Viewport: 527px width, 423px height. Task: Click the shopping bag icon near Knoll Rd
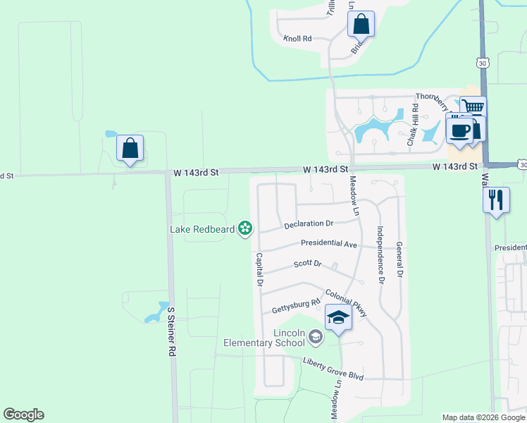pos(361,25)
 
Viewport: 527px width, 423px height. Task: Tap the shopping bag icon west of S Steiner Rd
pos(130,149)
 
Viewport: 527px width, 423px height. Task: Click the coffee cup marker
pos(459,130)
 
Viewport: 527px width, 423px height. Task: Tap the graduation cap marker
pos(338,318)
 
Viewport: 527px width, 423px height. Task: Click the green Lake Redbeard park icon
pos(245,228)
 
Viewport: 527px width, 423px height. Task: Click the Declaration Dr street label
pos(308,224)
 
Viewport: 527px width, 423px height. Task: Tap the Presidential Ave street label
pos(328,243)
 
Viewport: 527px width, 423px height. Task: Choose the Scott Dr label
pos(307,264)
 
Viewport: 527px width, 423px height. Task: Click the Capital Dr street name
pos(259,269)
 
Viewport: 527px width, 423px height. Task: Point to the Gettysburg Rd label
pos(296,307)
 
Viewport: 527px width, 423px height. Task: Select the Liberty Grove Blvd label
pos(333,369)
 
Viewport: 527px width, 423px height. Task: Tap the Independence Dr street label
pos(380,255)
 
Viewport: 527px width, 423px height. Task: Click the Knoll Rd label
pos(297,39)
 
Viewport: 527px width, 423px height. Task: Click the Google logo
pos(24,415)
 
